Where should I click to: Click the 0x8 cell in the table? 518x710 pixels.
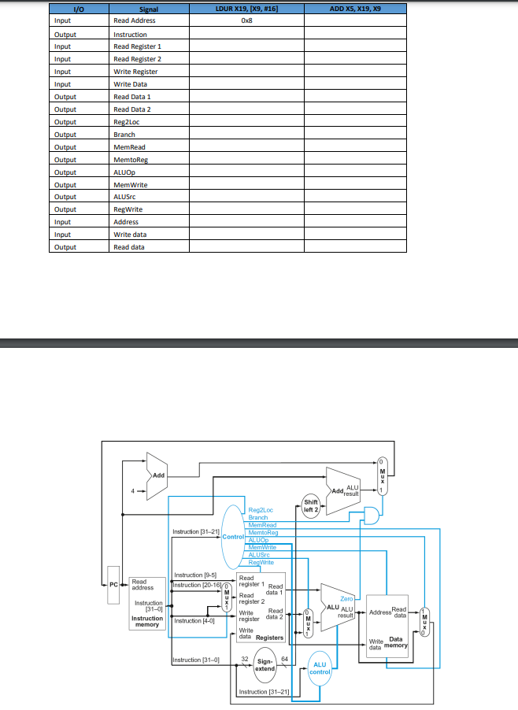click(x=246, y=21)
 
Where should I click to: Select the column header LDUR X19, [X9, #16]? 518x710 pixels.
click(x=246, y=9)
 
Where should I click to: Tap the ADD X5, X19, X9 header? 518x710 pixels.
click(x=355, y=9)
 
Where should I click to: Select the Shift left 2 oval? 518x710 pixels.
click(x=312, y=506)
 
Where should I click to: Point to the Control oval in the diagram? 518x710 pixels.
click(x=233, y=536)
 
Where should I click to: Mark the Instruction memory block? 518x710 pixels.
click(x=147, y=604)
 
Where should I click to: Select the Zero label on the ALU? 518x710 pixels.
click(x=346, y=599)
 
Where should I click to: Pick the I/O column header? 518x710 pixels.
click(x=77, y=9)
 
